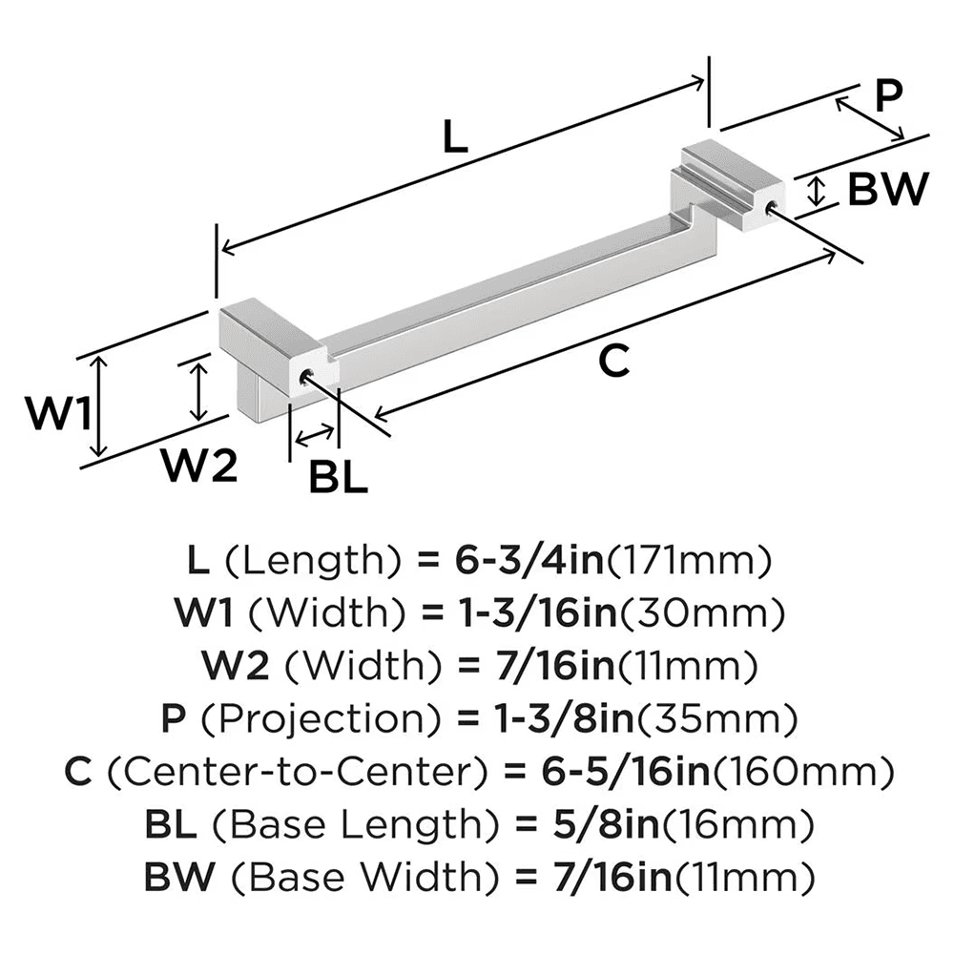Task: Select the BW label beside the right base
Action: pyautogui.click(x=887, y=191)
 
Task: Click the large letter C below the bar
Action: pyautogui.click(x=615, y=362)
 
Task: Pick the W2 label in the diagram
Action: pyautogui.click(x=197, y=467)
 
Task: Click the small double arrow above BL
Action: pyautogui.click(x=316, y=438)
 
